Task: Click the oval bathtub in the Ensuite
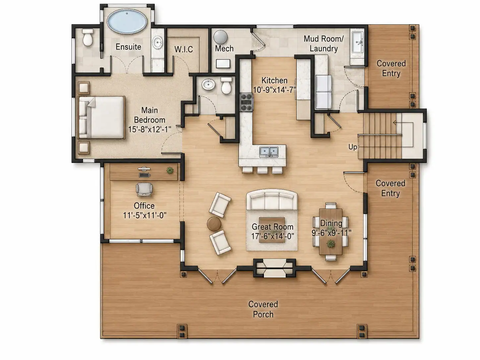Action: pyautogui.click(x=127, y=22)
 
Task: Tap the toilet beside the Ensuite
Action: pyautogui.click(x=88, y=37)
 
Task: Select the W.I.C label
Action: pyautogui.click(x=184, y=49)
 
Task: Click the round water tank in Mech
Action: pyautogui.click(x=220, y=37)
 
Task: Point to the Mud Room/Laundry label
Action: pyautogui.click(x=324, y=43)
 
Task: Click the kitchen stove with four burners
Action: pyautogui.click(x=246, y=102)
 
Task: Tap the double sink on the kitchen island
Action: pyautogui.click(x=269, y=152)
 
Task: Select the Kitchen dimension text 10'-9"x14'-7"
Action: pyautogui.click(x=274, y=90)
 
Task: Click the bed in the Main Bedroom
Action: pyautogui.click(x=101, y=118)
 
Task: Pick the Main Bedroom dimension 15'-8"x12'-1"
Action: pyautogui.click(x=150, y=129)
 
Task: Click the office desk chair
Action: pyautogui.click(x=144, y=189)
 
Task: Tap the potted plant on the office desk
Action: pyautogui.click(x=170, y=170)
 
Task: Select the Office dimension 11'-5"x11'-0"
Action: pyautogui.click(x=145, y=215)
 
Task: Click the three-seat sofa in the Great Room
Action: pyautogui.click(x=272, y=200)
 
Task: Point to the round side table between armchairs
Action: pyautogui.click(x=214, y=224)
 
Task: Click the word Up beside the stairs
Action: pyautogui.click(x=352, y=147)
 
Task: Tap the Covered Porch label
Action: pyautogui.click(x=263, y=309)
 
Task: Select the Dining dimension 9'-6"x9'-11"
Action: pyautogui.click(x=331, y=233)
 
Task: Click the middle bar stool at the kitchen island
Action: pyautogui.click(x=263, y=170)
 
